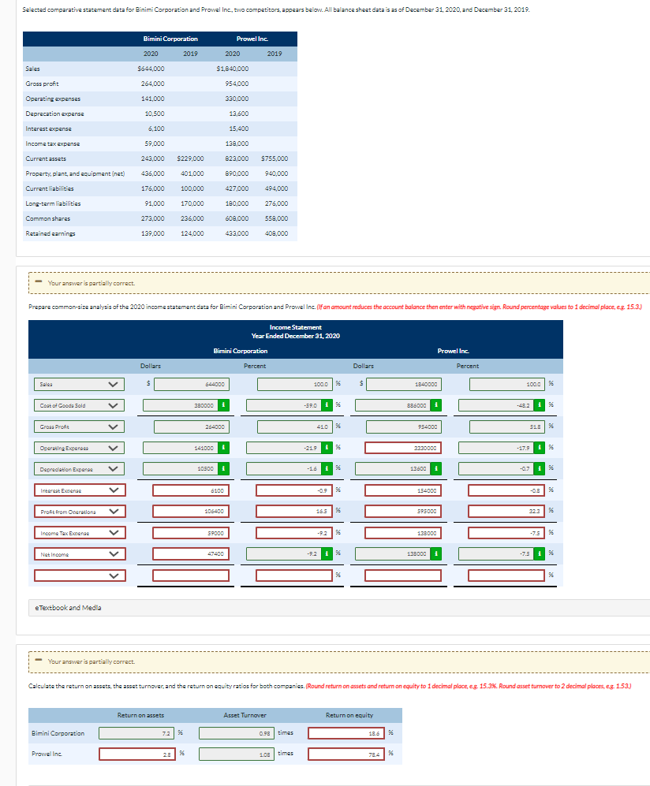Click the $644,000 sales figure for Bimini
click(151, 69)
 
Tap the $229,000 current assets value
click(191, 158)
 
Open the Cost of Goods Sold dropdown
click(79, 406)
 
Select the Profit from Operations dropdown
click(79, 512)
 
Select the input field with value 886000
click(402, 406)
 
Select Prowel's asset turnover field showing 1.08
click(237, 754)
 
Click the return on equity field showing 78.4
click(346, 754)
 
